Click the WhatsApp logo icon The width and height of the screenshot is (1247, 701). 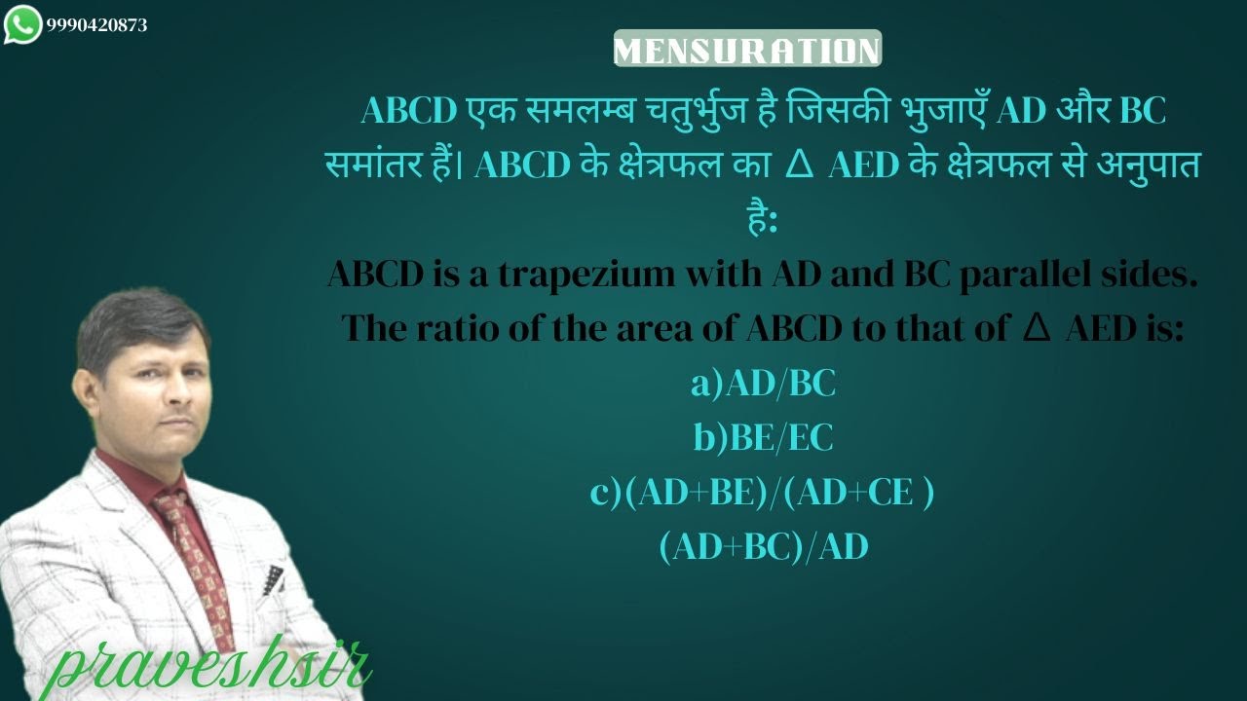(22, 24)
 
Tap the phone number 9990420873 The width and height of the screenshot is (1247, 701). (96, 25)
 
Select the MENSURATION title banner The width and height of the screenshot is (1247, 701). (747, 50)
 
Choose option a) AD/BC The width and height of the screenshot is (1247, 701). (763, 385)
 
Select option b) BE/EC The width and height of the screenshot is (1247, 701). (763, 439)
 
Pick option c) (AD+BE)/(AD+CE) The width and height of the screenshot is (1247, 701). (763, 494)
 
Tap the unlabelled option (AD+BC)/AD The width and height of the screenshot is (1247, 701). (763, 548)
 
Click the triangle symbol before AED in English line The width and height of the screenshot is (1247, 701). (1036, 329)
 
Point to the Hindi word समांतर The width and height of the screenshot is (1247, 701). (385, 166)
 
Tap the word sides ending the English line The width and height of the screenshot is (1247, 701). (1153, 276)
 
